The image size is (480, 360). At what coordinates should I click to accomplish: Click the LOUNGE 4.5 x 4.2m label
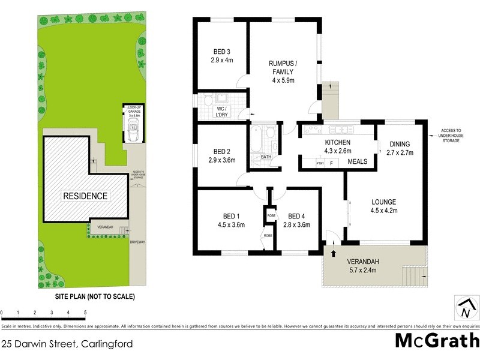pos(383,206)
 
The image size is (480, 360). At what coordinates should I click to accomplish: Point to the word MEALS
pos(358,161)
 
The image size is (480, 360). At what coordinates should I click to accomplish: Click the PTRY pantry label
pos(320,163)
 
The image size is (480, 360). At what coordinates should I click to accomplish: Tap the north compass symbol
pos(465,309)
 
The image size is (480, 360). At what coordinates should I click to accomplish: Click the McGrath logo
pos(436,341)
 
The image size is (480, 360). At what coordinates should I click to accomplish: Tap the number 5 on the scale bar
pos(85,313)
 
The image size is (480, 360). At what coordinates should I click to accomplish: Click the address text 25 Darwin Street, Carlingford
pos(67,344)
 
